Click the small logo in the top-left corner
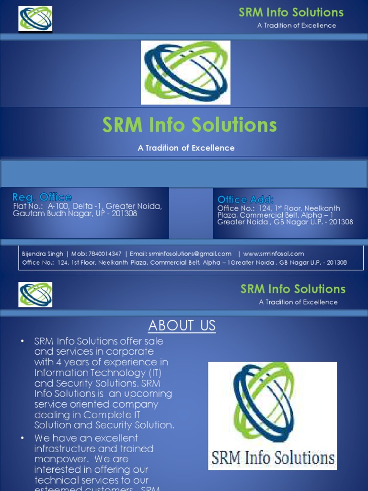35,18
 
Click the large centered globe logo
185,72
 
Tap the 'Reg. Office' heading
42,197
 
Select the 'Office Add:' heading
246,199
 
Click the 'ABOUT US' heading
182,326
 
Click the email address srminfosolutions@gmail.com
190,254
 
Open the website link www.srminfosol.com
274,254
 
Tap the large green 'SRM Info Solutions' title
190,125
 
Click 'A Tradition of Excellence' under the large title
186,148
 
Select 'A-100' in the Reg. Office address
58,206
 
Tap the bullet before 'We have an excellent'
22,438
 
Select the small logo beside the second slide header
35,294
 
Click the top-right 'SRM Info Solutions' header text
291,12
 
